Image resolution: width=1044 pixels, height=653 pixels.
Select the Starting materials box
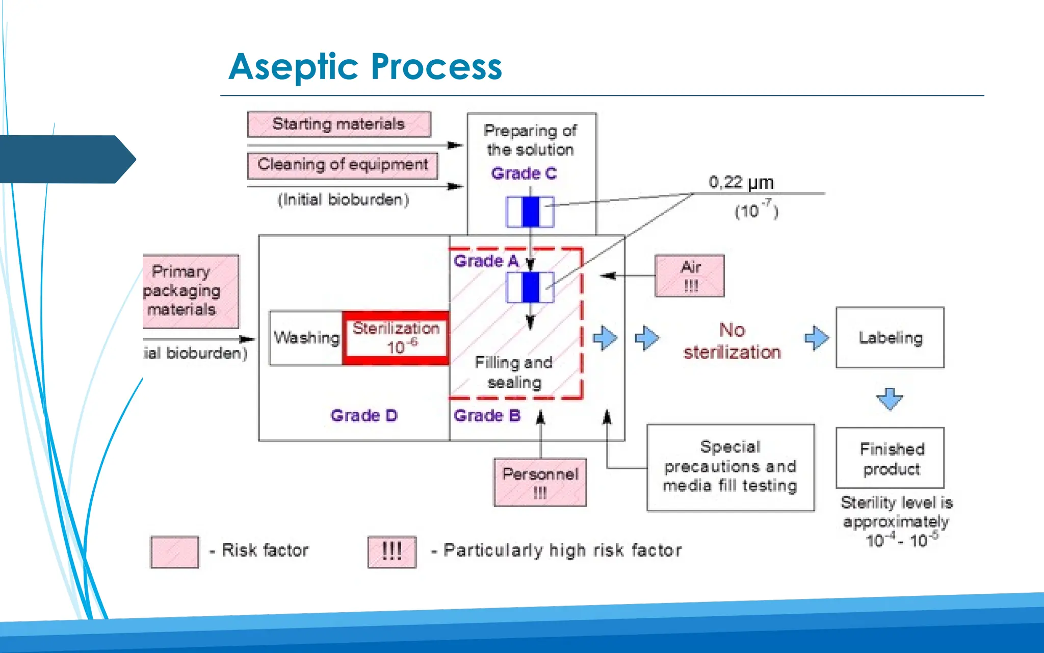tap(339, 124)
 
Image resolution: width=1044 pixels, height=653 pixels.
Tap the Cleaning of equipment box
tap(343, 165)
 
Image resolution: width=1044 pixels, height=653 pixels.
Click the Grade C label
tap(524, 173)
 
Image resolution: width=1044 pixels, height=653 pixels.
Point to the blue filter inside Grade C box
tap(530, 212)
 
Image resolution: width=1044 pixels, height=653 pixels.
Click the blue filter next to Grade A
tap(530, 287)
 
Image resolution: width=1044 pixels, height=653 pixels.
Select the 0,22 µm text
tap(741, 182)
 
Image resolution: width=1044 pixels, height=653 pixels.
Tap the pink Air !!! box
tap(690, 276)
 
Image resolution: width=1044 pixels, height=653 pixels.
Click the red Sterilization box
tap(396, 338)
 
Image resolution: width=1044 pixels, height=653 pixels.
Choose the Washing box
tap(306, 338)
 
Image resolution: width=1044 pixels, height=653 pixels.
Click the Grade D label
tap(363, 416)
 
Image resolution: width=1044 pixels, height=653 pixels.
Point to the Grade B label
tap(487, 416)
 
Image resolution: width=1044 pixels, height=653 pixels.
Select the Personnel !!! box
tap(540, 482)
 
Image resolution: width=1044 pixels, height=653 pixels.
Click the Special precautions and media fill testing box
tap(730, 467)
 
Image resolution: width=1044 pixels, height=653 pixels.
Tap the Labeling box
tap(890, 337)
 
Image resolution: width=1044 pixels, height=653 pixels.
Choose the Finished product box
tap(890, 458)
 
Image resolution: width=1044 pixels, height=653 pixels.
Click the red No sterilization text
tap(732, 341)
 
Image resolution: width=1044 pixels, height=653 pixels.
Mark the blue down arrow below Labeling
tap(890, 398)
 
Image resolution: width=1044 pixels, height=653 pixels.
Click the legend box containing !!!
tap(392, 551)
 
